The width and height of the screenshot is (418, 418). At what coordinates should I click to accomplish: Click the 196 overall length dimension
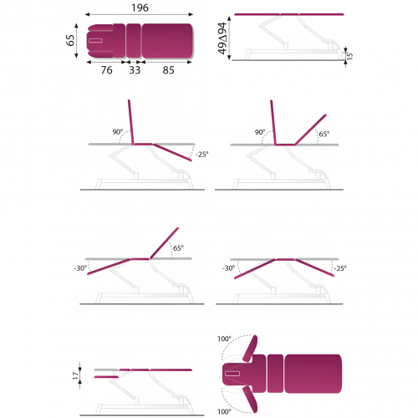140,8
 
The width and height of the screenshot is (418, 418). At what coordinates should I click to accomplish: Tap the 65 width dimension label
70,40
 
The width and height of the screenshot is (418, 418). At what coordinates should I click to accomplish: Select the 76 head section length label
107,70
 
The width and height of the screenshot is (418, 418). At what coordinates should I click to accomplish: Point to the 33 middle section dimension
135,70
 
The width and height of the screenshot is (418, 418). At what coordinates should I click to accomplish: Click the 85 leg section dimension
169,70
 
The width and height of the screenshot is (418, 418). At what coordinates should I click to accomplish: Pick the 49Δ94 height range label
222,38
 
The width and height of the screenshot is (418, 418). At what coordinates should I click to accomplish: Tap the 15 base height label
349,56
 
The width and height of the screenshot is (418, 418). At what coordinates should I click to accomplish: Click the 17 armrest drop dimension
75,375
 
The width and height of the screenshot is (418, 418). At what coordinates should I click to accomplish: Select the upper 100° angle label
224,339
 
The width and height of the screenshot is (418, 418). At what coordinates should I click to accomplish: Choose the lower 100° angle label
224,411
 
